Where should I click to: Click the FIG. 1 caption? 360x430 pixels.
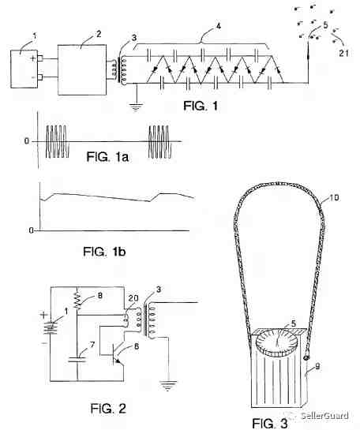pyautogui.click(x=201, y=106)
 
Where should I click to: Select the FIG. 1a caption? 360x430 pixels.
pyautogui.click(x=107, y=157)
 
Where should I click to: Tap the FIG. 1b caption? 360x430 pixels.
pyautogui.click(x=104, y=251)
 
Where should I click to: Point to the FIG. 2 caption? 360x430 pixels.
pyautogui.click(x=108, y=409)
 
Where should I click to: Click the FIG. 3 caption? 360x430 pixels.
pyautogui.click(x=270, y=423)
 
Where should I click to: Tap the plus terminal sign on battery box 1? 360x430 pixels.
pyautogui.click(x=33, y=58)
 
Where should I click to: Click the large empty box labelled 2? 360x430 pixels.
pyautogui.click(x=82, y=70)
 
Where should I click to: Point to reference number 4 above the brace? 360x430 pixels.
pyautogui.click(x=218, y=26)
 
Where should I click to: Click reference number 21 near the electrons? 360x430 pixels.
pyautogui.click(x=343, y=53)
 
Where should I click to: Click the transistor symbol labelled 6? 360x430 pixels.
pyautogui.click(x=116, y=354)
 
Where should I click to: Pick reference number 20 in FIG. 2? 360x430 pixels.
pyautogui.click(x=133, y=298)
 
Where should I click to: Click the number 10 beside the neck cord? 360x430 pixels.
pyautogui.click(x=334, y=197)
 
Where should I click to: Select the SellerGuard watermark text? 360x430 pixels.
pyautogui.click(x=325, y=416)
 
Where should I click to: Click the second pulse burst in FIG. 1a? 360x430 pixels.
pyautogui.click(x=160, y=142)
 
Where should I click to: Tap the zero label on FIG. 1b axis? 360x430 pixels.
pyautogui.click(x=32, y=230)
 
